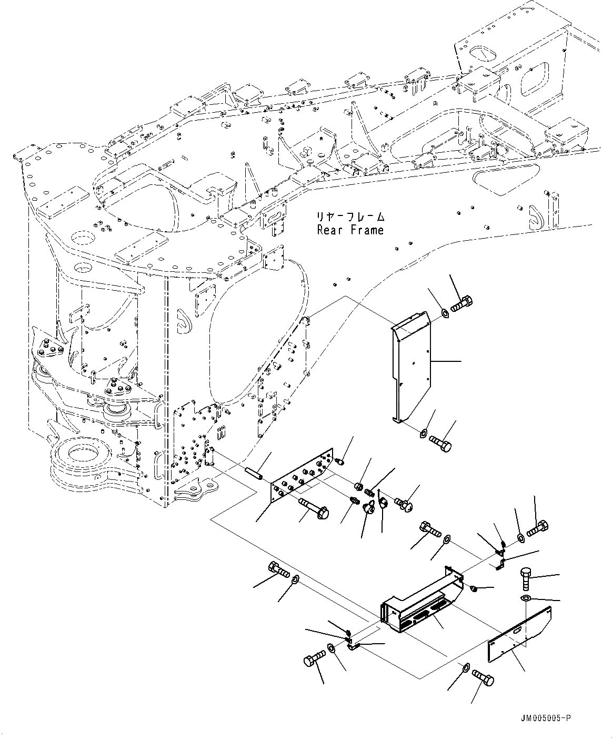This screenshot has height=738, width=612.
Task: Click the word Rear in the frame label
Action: click(x=330, y=230)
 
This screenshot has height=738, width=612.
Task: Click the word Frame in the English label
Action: click(x=366, y=230)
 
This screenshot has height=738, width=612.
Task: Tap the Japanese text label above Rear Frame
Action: click(x=350, y=217)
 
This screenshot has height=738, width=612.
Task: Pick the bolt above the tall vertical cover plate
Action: click(x=461, y=303)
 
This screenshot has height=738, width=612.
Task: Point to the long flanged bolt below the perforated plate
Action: click(x=314, y=508)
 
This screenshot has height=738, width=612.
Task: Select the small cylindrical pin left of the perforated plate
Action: click(x=254, y=473)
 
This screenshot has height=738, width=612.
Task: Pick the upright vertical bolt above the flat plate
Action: click(x=526, y=578)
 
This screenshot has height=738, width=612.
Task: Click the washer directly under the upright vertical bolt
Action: click(x=525, y=598)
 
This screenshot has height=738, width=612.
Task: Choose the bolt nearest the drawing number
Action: click(x=483, y=677)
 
